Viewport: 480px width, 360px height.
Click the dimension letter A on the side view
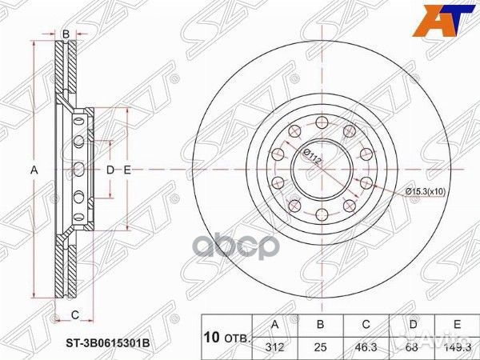point(34,170)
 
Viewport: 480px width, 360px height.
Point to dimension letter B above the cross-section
point(66,34)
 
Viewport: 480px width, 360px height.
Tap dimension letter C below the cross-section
point(74,313)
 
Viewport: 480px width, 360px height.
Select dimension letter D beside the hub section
point(110,170)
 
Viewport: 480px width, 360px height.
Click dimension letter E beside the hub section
point(126,170)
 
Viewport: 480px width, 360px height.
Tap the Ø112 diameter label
point(313,157)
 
